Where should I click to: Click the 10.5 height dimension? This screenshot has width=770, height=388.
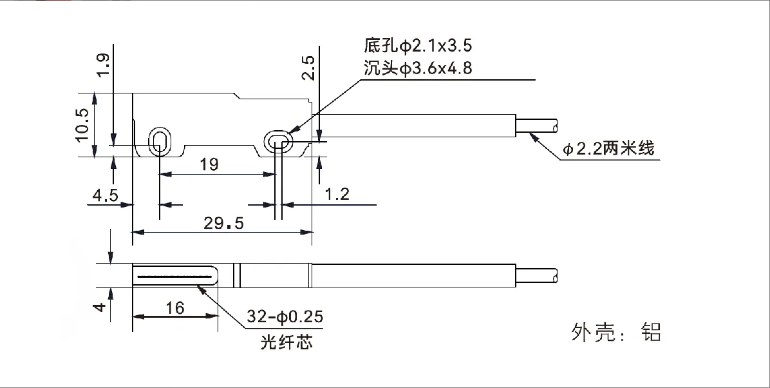pyautogui.click(x=81, y=124)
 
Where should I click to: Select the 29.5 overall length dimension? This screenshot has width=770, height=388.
pyautogui.click(x=223, y=223)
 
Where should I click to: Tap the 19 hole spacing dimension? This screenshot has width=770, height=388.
pyautogui.click(x=209, y=164)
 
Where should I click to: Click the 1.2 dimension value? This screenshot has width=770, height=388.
pyautogui.click(x=337, y=195)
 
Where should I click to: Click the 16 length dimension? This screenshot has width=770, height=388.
pyautogui.click(x=174, y=308)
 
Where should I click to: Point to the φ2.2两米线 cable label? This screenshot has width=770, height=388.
pyautogui.click(x=608, y=150)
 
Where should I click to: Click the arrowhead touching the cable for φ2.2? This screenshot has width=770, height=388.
pyautogui.click(x=532, y=135)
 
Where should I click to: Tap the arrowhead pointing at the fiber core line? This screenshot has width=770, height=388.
pyautogui.click(x=202, y=288)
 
